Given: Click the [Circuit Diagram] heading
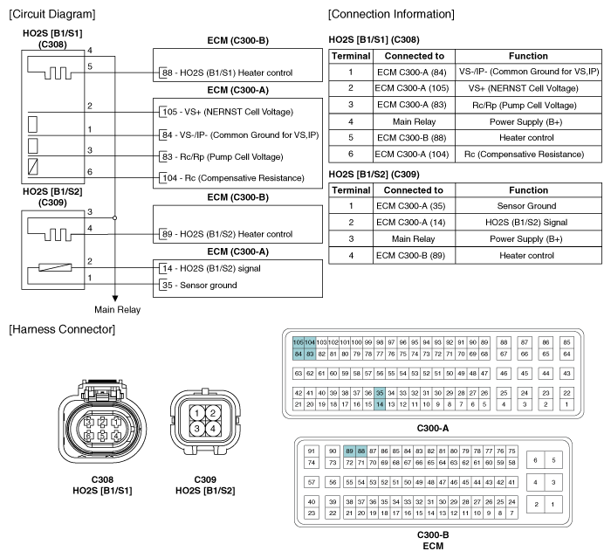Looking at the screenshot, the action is point(52,14).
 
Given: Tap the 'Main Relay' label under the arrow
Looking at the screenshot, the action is point(117,310).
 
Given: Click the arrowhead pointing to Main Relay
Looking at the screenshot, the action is point(115,299).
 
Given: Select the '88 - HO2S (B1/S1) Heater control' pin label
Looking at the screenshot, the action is point(228,73).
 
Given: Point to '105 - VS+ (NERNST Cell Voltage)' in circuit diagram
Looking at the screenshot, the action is point(228,112).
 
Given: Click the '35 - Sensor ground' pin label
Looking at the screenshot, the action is point(200,285).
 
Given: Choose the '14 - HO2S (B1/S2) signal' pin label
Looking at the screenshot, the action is point(211,268).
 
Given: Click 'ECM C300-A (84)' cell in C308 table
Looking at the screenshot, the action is point(414,72).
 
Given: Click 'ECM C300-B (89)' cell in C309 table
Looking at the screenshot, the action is point(414,255).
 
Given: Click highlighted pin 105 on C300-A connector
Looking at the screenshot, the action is point(299,342).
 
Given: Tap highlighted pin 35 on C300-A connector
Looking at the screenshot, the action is point(380,393).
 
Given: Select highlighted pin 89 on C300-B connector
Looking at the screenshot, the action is point(349,451).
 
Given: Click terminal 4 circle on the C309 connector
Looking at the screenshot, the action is point(213,429).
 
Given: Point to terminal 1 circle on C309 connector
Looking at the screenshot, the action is point(196,413).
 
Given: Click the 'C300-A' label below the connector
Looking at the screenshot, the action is point(433,429).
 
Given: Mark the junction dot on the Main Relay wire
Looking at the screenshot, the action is point(115,217).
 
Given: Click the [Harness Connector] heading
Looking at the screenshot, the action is point(62,329).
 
